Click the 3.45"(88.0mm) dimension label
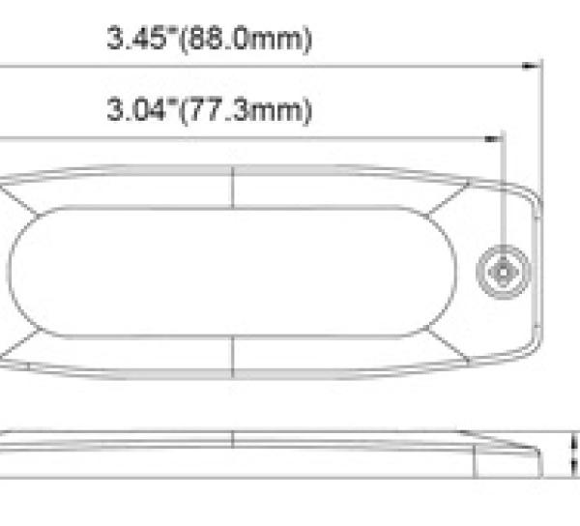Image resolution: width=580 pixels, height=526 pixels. [210, 40]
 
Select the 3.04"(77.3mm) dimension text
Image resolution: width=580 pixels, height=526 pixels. [210, 111]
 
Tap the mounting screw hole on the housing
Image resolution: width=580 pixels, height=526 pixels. [503, 272]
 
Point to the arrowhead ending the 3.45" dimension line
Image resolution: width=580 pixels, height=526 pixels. [531, 66]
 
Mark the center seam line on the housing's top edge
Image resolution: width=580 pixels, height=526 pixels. [234, 185]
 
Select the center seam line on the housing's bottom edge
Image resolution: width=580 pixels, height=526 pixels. [234, 358]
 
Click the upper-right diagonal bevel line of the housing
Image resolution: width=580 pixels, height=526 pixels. [450, 199]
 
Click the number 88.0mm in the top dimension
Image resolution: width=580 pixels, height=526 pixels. [261, 40]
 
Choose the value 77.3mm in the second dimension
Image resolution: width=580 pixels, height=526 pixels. [261, 111]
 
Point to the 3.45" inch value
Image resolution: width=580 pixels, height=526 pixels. [135, 40]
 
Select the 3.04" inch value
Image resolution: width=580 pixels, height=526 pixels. [135, 111]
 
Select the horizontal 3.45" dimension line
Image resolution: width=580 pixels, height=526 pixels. [290, 66]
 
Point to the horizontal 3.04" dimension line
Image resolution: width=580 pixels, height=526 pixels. [290, 138]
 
